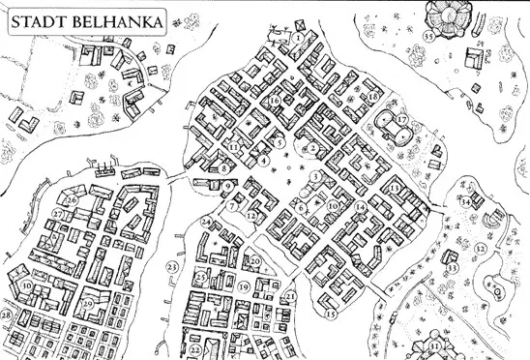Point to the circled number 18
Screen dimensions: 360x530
(x=373, y=97)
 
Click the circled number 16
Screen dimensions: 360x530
(x=276, y=100)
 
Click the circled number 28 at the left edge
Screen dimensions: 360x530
(x=6, y=315)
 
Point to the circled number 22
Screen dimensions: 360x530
(x=194, y=349)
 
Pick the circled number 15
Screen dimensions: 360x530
(x=330, y=314)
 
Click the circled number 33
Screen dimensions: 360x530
(x=451, y=267)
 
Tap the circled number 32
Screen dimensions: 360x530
(x=480, y=248)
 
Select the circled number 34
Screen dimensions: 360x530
(x=465, y=202)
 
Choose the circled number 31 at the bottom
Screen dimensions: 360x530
(x=435, y=345)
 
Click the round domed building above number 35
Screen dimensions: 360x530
(x=447, y=14)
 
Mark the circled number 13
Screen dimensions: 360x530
(x=395, y=186)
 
